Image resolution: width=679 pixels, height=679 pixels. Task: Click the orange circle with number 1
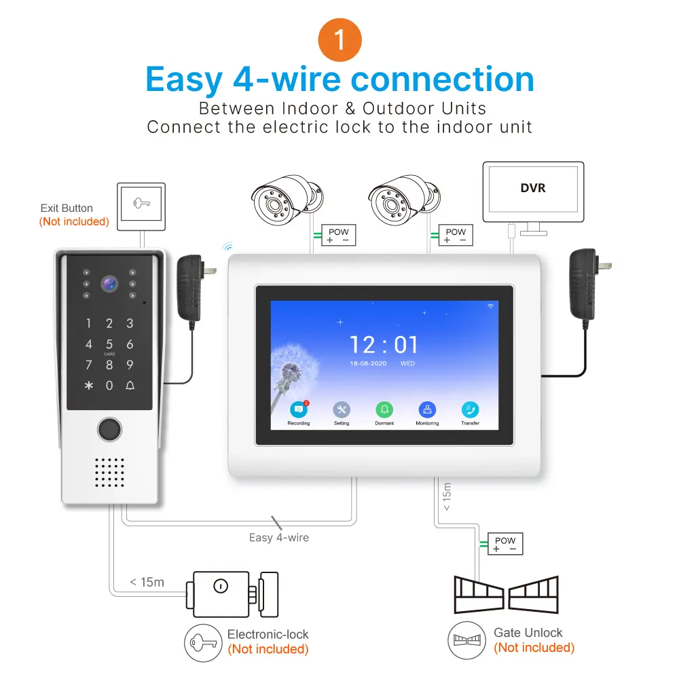[x=339, y=41]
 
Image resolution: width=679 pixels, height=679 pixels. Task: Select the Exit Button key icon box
[x=141, y=204]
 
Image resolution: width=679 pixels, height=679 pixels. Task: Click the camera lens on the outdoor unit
[x=109, y=284]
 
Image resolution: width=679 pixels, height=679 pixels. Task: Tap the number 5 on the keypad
[x=109, y=345]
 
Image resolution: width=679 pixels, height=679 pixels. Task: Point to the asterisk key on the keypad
[x=88, y=386]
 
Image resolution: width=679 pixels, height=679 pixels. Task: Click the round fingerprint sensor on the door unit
[x=109, y=429]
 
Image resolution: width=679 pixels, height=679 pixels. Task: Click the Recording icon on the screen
[x=298, y=409]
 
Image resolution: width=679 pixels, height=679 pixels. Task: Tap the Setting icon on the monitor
[x=342, y=409]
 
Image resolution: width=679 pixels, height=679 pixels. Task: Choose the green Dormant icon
[x=384, y=409]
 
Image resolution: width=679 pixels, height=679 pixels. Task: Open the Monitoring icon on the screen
[x=427, y=409]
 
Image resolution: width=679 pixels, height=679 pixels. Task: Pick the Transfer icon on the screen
[x=470, y=409]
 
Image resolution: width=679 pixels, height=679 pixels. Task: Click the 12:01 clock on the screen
[x=384, y=346]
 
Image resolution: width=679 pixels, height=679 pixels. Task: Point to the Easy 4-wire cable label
[x=278, y=538]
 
